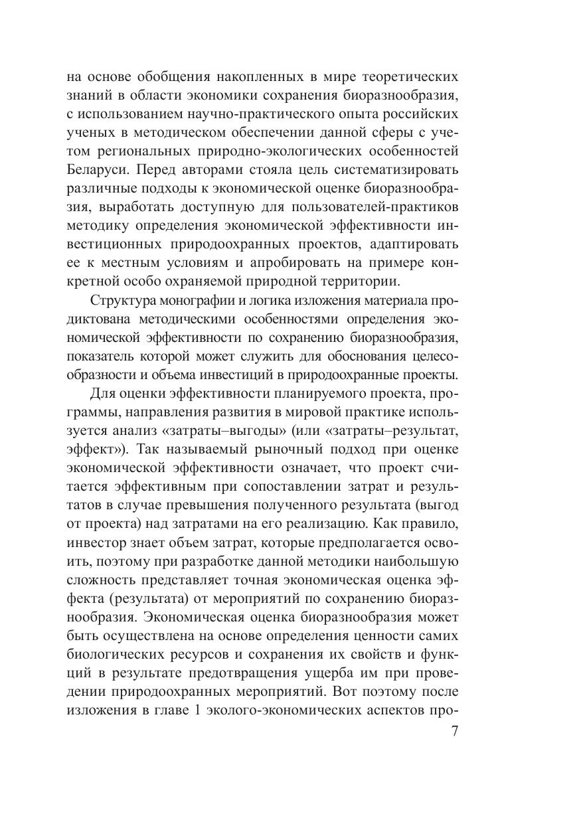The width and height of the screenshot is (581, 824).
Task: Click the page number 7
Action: pos(454,732)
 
